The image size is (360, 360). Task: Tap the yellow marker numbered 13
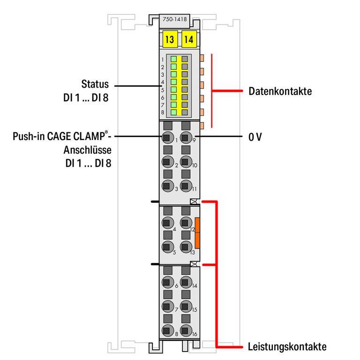[170, 40]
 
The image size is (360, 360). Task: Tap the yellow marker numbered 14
[188, 40]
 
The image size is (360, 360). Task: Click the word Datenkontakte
[280, 91]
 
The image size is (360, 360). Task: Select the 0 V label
[255, 138]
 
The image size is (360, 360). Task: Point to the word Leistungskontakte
[287, 347]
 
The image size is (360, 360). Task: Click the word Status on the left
[95, 85]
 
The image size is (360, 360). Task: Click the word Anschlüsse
[87, 151]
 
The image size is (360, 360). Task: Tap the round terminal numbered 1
[166, 138]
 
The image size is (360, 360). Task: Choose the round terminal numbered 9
[186, 138]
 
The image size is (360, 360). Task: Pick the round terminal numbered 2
[166, 162]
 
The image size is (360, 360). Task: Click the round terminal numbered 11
[186, 186]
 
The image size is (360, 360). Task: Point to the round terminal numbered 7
[166, 307]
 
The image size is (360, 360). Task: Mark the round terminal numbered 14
[186, 282]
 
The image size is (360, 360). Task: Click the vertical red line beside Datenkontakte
[212, 91]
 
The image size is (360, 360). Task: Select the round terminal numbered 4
[166, 223]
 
